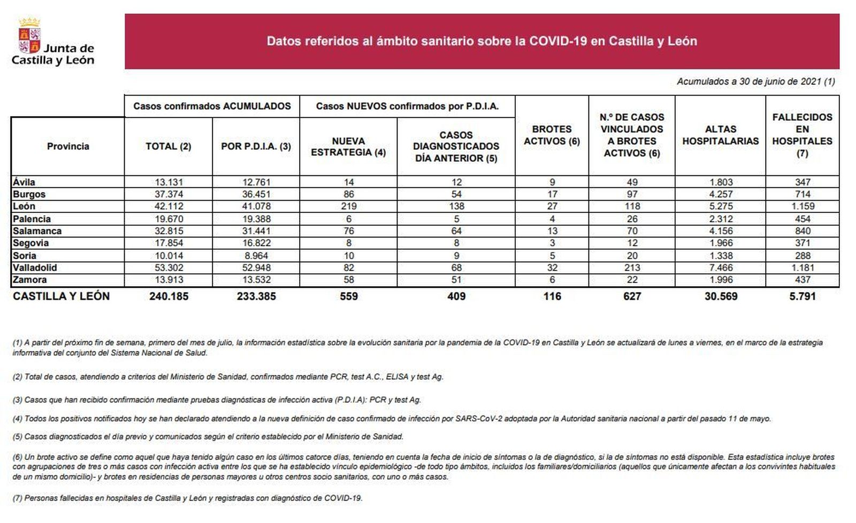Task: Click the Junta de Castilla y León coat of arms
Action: pyautogui.click(x=29, y=36)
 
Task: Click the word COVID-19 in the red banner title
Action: pyautogui.click(x=558, y=41)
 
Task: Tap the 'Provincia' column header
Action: pyautogui.click(x=68, y=146)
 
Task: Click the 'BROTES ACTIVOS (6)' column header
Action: pyautogui.click(x=552, y=135)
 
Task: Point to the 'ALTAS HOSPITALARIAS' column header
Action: pyautogui.click(x=720, y=135)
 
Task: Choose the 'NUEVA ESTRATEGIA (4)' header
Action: pyautogui.click(x=348, y=147)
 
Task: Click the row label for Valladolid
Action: pyautogui.click(x=35, y=267)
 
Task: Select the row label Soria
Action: pyautogui.click(x=25, y=256)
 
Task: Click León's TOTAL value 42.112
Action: pyautogui.click(x=169, y=206)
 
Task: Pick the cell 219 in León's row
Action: pyautogui.click(x=348, y=206)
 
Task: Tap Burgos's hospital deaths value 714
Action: pyautogui.click(x=802, y=194)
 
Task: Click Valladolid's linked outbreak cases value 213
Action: pyautogui.click(x=632, y=267)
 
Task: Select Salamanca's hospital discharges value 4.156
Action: pyautogui.click(x=720, y=231)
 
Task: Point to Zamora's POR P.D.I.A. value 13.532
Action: pyautogui.click(x=256, y=280)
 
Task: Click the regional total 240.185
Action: pyautogui.click(x=169, y=296)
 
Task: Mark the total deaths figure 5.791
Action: pyautogui.click(x=802, y=296)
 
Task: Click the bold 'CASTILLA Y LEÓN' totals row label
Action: pyautogui.click(x=61, y=296)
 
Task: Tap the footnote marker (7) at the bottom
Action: pyautogui.click(x=17, y=498)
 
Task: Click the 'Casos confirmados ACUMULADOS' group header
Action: pyautogui.click(x=212, y=106)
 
